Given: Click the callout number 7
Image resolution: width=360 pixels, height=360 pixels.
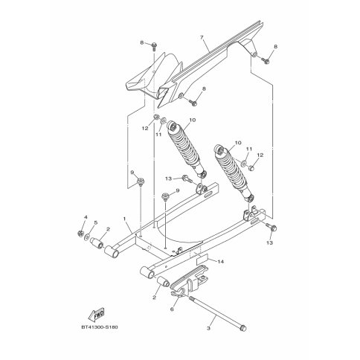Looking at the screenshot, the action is (x=202, y=37).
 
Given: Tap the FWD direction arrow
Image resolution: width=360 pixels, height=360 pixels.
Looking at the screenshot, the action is (x=97, y=314).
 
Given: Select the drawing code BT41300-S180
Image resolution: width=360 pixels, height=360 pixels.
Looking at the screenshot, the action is (x=100, y=327).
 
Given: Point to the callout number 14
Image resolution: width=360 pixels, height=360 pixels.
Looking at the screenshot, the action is (x=220, y=261).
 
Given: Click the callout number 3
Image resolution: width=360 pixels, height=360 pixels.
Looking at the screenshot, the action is (x=208, y=328).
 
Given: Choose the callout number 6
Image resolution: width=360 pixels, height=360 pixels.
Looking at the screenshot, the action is (x=172, y=309).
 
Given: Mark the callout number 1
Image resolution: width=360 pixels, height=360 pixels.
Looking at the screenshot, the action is (x=124, y=219).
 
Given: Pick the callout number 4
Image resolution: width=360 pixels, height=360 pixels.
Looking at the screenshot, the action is (x=86, y=217).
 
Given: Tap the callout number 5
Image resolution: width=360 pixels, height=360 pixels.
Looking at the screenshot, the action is (x=96, y=222).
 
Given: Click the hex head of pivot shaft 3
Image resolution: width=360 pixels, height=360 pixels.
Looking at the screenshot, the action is (x=243, y=328).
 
